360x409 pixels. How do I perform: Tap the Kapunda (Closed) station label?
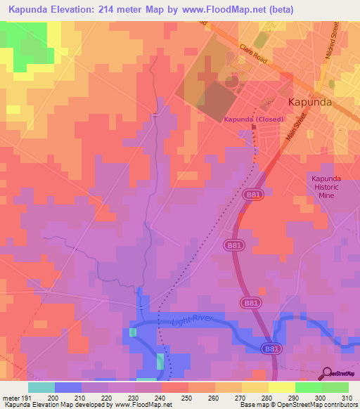pyautogui.click(x=254, y=119)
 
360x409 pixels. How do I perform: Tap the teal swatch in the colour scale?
pyautogui.click(x=41, y=387)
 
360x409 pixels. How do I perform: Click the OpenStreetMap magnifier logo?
pyautogui.click(x=328, y=373)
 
